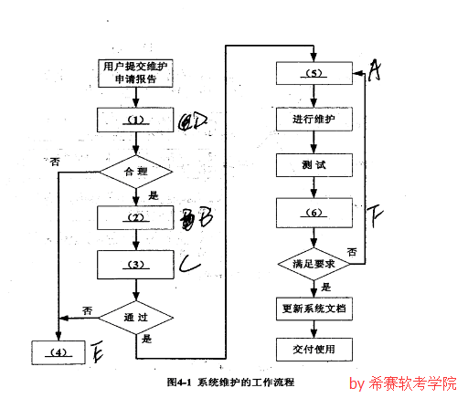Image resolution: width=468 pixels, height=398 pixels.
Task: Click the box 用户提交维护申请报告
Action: [135, 73]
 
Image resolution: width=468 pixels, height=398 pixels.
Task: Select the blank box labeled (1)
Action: [135, 120]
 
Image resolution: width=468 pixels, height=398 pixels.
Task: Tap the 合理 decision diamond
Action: [135, 170]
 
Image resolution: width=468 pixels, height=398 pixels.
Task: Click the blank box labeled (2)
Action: [135, 217]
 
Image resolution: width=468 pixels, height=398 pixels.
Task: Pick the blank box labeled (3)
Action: [135, 265]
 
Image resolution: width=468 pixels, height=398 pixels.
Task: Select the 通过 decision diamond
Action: [135, 315]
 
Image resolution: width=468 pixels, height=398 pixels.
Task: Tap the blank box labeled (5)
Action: [315, 73]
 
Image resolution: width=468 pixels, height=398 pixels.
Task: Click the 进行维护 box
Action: [315, 120]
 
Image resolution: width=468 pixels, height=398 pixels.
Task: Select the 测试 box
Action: [315, 166]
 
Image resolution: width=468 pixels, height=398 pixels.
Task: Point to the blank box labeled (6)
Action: [315, 214]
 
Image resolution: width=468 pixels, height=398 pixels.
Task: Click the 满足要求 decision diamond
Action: [315, 263]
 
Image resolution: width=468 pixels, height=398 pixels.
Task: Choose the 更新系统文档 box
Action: [315, 309]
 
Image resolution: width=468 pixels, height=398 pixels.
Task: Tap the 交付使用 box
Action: [315, 349]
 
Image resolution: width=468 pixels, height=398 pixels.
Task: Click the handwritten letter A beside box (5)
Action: [374, 70]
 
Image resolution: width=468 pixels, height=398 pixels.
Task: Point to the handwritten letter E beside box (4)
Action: [97, 351]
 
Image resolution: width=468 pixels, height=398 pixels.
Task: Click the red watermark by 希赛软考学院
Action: [402, 383]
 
